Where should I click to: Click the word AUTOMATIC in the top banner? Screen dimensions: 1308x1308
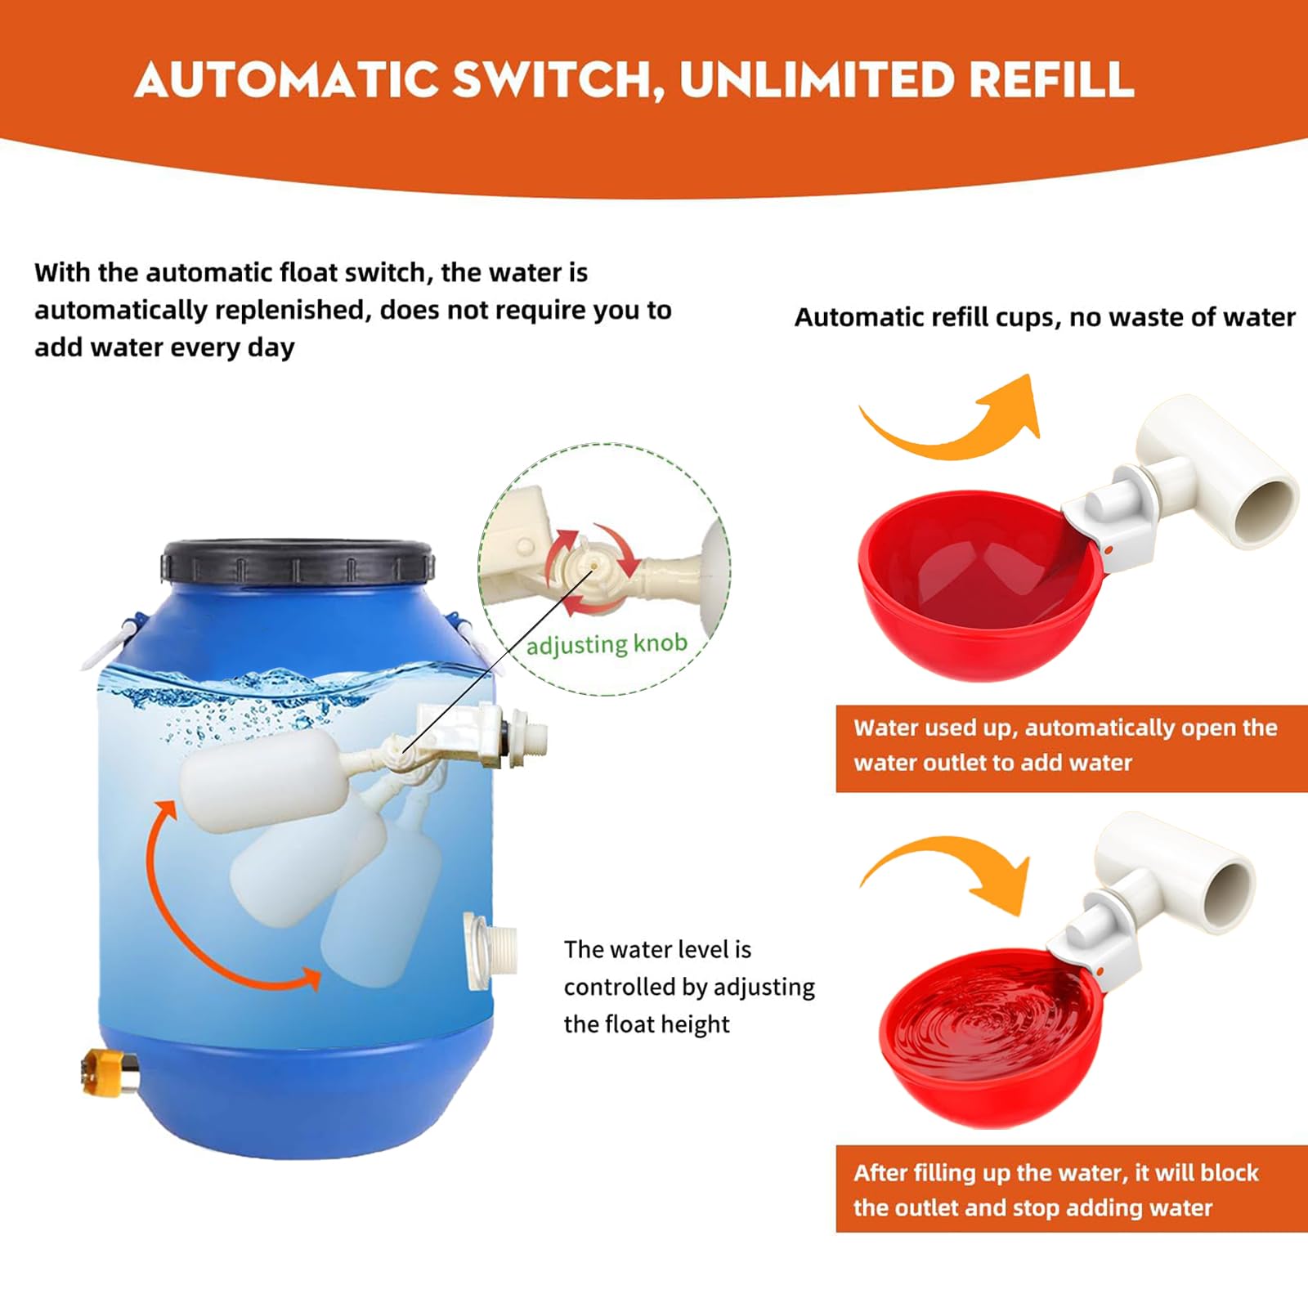point(288,80)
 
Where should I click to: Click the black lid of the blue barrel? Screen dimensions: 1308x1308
point(297,562)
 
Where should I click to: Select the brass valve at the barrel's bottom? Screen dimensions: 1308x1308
point(110,1072)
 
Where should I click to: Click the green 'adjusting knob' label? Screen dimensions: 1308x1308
point(607,645)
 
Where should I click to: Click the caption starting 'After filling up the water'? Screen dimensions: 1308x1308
point(1055,1190)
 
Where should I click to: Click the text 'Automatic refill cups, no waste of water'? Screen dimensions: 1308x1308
point(1045,317)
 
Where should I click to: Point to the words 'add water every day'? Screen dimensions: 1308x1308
point(164,347)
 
